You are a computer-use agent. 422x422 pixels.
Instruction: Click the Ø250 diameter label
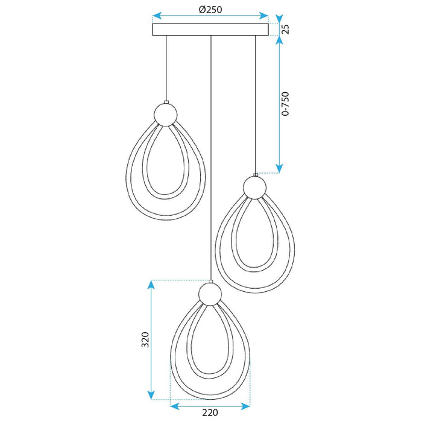coord(210,9)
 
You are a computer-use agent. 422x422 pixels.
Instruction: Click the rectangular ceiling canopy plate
coord(210,30)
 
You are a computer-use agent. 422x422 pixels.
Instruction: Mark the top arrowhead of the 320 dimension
coord(153,285)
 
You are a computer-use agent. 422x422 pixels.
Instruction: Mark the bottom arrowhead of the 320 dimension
coord(153,396)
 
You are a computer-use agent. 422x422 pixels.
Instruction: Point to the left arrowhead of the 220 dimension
coord(175,402)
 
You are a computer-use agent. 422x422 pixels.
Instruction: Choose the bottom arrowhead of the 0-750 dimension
coord(279,168)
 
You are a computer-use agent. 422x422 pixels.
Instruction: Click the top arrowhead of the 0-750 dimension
coord(279,41)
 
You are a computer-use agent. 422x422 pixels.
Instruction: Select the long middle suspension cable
coord(210,157)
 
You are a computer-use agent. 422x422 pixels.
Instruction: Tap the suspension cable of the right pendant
coord(256,102)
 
